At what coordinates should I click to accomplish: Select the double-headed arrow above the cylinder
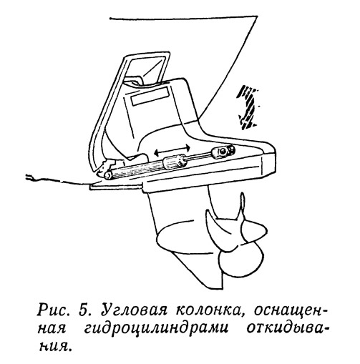pyautogui.click(x=172, y=149)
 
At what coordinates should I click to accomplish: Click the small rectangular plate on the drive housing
pyautogui.click(x=150, y=96)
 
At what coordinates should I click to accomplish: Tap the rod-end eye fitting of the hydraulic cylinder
pyautogui.click(x=223, y=151)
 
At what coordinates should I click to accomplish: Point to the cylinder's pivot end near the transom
pyautogui.click(x=108, y=174)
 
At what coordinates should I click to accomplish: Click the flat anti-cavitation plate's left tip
pyautogui.click(x=91, y=187)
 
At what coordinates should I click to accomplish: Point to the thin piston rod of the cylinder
pyautogui.click(x=199, y=156)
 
